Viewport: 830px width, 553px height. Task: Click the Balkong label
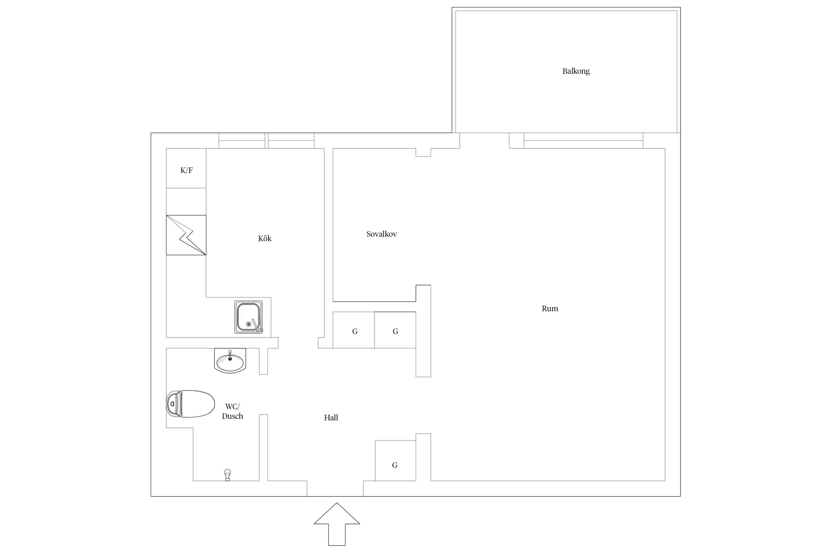tap(576, 71)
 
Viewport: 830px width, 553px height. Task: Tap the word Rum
tap(550, 309)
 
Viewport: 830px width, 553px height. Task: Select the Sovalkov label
tap(381, 234)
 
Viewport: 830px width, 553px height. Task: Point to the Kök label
tap(265, 238)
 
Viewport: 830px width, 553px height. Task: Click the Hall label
tap(331, 417)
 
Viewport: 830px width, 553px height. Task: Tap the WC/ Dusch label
tap(232, 411)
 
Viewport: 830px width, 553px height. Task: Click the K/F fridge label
tap(186, 170)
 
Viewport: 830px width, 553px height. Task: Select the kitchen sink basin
tap(249, 317)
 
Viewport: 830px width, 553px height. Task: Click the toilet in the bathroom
tap(190, 404)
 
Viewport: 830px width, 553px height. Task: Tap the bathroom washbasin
tap(230, 361)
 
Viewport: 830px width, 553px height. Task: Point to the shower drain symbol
tap(227, 475)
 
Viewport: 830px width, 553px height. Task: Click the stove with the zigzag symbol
tap(186, 235)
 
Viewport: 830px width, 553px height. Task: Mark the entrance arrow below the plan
tap(337, 524)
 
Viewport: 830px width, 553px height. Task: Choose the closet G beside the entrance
tap(395, 460)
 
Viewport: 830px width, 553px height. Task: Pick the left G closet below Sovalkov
tap(354, 330)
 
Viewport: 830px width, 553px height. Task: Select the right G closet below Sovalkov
tap(395, 330)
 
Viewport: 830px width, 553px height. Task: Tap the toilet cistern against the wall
tap(174, 404)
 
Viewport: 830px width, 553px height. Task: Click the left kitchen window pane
tap(242, 141)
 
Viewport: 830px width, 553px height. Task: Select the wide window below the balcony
tap(583, 141)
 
